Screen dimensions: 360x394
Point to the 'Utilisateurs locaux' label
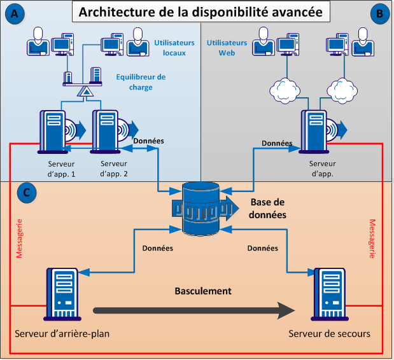pos(170,48)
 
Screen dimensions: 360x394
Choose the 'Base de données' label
pos(267,209)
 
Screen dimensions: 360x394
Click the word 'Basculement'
pos(202,291)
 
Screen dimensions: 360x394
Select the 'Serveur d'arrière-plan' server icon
pos(62,294)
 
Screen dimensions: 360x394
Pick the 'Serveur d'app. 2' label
pos(115,168)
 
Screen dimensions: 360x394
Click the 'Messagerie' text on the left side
pos(19,239)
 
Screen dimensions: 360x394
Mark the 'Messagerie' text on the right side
pos(372,239)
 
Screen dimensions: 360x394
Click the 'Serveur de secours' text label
pos(328,334)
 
